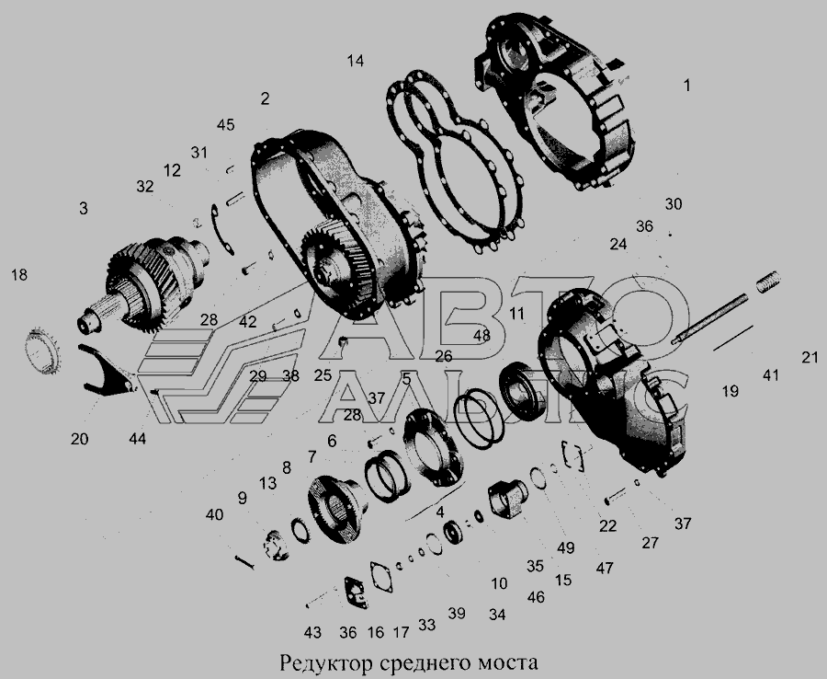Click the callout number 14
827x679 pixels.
click(x=356, y=62)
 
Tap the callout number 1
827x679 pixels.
click(x=686, y=85)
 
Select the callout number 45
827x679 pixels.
click(x=225, y=125)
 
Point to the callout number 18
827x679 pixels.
click(x=19, y=275)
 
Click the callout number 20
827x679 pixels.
click(x=79, y=439)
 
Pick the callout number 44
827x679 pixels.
click(x=137, y=439)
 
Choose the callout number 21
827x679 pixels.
click(x=810, y=358)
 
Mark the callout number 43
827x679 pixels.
click(x=312, y=632)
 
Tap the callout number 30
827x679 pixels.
click(x=673, y=204)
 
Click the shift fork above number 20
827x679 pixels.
click(x=108, y=370)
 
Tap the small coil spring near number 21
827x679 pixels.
click(x=768, y=282)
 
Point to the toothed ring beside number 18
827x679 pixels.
click(x=43, y=351)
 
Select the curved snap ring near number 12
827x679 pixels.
click(x=222, y=230)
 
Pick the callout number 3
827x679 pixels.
click(x=84, y=209)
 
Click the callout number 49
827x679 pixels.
click(x=565, y=547)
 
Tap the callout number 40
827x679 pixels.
click(x=214, y=514)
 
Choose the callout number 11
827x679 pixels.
click(x=516, y=314)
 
